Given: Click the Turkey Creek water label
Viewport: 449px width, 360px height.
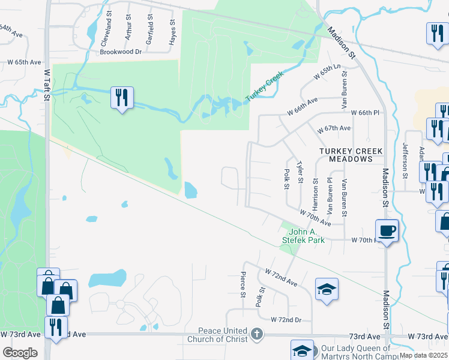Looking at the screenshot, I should (x=264, y=88).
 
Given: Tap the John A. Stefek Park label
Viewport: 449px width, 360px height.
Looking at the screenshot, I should (x=303, y=236).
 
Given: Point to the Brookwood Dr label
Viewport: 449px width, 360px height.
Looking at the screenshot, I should (x=121, y=52).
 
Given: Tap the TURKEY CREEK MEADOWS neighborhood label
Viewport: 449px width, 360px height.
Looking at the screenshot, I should (x=346, y=155).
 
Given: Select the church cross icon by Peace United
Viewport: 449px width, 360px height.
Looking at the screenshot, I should (x=256, y=334).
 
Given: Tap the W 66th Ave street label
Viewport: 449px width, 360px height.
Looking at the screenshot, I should (x=302, y=107).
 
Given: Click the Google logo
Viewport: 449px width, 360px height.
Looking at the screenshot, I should (x=20, y=353).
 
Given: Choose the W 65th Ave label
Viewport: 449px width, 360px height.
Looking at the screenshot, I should (x=24, y=62).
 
